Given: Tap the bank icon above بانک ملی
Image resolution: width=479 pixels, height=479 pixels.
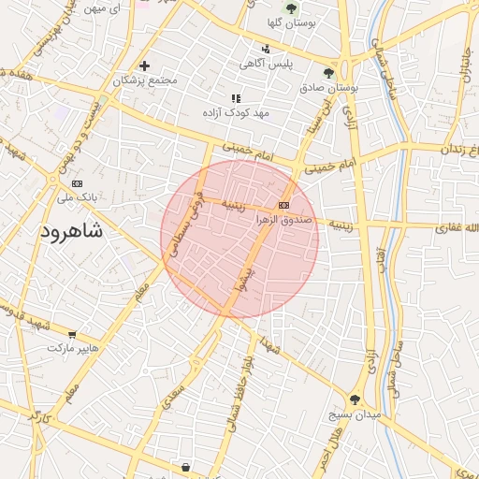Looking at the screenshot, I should [77, 183].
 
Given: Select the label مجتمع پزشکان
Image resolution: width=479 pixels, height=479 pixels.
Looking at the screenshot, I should [145, 80].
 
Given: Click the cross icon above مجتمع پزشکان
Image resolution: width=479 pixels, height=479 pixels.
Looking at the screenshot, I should [145, 65].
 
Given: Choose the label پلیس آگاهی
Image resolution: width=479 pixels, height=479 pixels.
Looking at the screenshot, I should [267, 64].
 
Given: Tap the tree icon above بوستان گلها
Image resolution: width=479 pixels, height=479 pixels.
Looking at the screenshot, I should [291, 8].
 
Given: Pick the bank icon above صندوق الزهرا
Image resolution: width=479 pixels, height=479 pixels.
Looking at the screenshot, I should [283, 205].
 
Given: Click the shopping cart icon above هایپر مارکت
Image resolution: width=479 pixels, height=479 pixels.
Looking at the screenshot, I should [72, 334].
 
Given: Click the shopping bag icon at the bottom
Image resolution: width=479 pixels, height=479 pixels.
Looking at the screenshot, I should [185, 467].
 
